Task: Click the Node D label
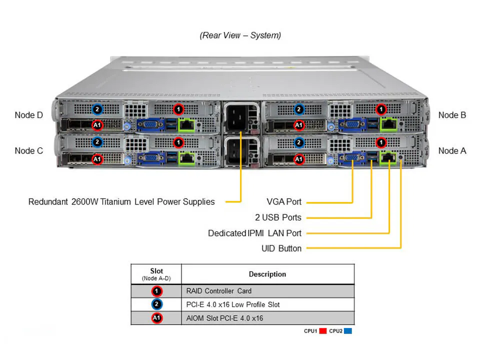29,115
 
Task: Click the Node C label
29,150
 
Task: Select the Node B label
452,115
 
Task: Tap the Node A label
452,150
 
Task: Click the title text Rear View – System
240,35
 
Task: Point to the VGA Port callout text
284,202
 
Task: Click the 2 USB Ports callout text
278,217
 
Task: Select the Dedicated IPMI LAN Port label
254,233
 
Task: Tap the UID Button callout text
281,248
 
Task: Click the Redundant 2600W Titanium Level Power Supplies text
121,202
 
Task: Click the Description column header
267,274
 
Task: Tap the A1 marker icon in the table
156,318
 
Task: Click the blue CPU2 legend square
348,331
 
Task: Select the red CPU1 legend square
323,331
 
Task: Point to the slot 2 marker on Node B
299,109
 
